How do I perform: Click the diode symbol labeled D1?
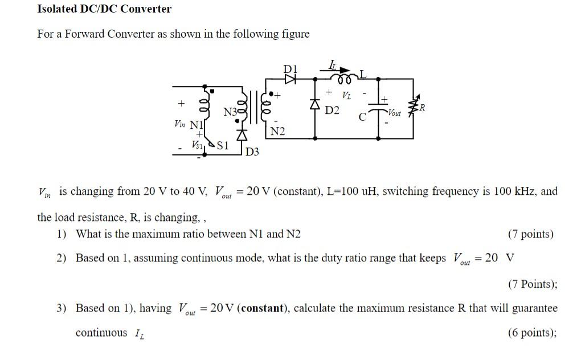click(291, 79)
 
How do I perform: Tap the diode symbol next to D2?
click(314, 104)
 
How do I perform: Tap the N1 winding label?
click(195, 124)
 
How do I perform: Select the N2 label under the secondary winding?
click(277, 132)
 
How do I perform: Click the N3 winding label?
click(230, 112)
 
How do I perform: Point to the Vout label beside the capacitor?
click(394, 113)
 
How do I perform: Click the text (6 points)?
click(531, 333)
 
